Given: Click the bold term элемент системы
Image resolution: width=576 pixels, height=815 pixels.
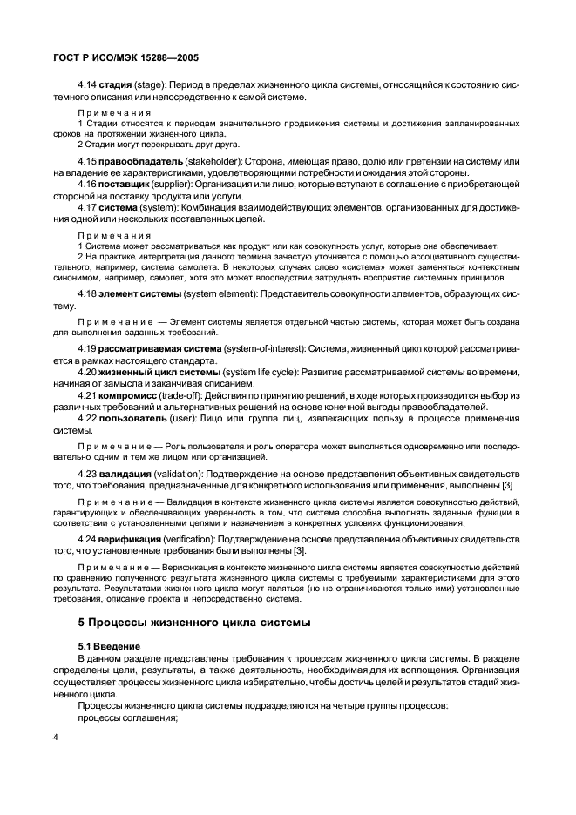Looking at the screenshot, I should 145,294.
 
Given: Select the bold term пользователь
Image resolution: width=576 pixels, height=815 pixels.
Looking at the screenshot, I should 135,421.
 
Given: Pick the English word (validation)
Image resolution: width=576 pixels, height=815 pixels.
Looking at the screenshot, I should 182,475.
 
